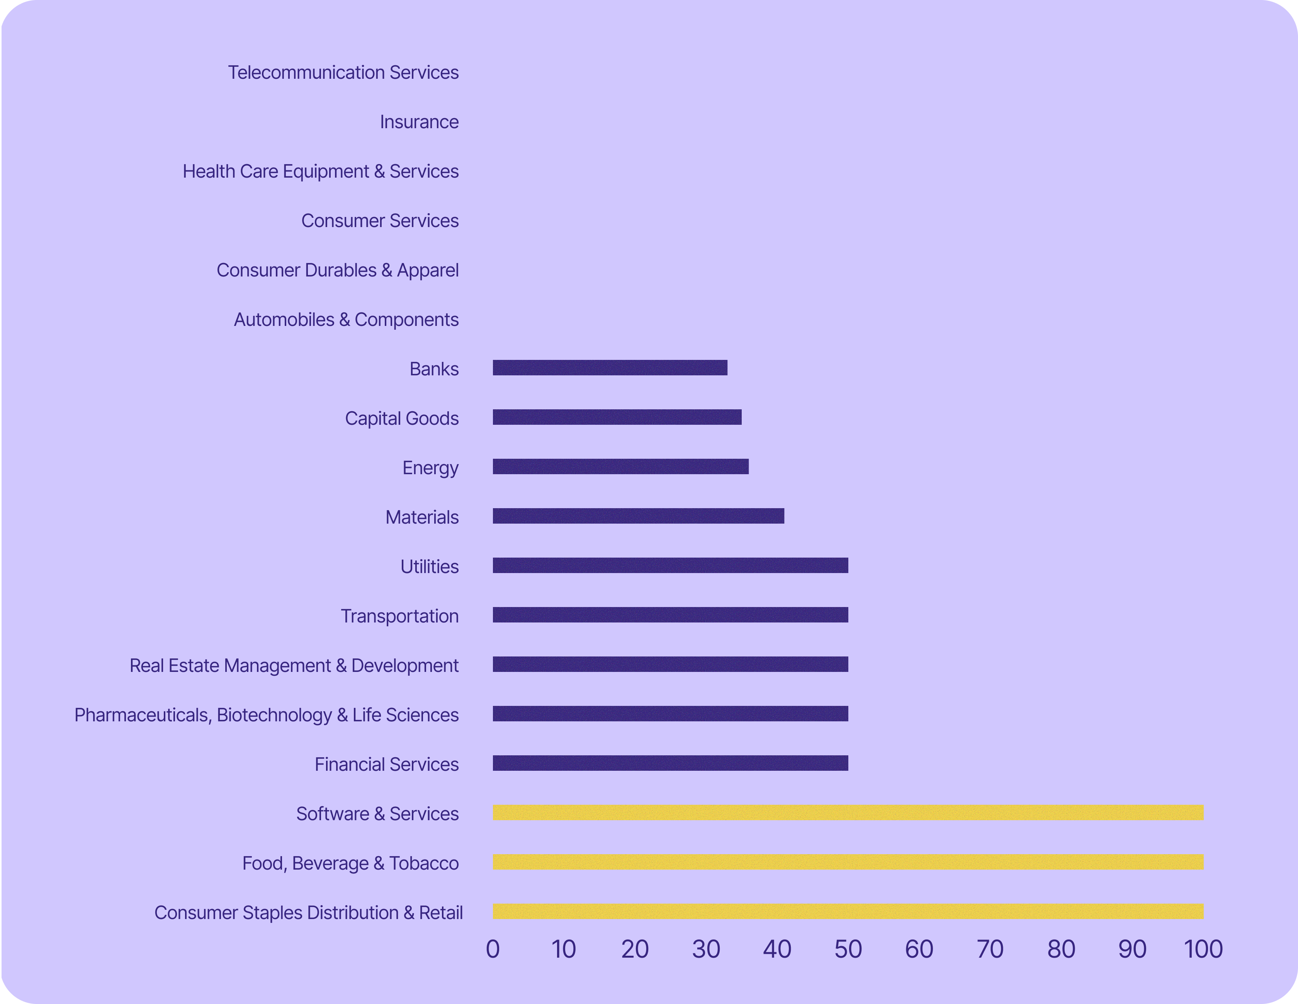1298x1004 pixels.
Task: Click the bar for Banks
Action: click(x=610, y=368)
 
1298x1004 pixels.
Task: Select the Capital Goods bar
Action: click(x=617, y=417)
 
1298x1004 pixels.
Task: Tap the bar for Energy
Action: click(x=620, y=466)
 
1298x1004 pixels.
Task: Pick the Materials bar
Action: click(x=638, y=516)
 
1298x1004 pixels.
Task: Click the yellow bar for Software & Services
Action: click(x=848, y=812)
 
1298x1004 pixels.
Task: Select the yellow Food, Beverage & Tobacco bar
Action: click(x=848, y=862)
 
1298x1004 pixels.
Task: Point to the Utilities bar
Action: click(x=670, y=565)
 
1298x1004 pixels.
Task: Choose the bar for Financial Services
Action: click(x=670, y=763)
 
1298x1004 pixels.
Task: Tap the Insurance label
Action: click(x=419, y=122)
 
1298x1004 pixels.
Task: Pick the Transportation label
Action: click(x=399, y=616)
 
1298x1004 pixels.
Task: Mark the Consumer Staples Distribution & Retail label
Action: click(x=308, y=912)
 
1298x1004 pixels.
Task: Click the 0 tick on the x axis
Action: click(x=493, y=949)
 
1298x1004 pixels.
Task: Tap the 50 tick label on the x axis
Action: click(x=848, y=949)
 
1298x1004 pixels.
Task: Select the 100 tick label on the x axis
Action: click(x=1203, y=949)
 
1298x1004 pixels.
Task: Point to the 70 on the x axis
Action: click(x=990, y=949)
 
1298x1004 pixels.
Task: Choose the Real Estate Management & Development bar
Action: click(x=670, y=664)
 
